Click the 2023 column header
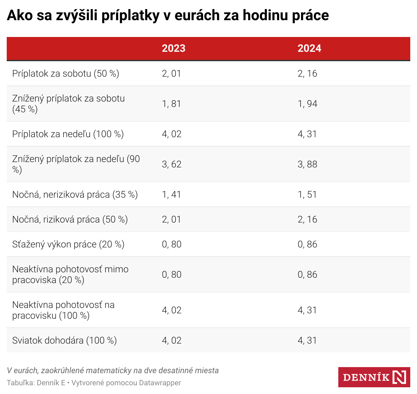point(174,48)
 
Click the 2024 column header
point(309,48)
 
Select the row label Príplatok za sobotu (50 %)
point(66,74)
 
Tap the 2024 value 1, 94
point(307,104)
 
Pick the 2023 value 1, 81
point(172,104)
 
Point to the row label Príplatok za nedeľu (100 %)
point(68,134)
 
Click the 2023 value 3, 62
point(172,164)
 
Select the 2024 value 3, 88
point(307,164)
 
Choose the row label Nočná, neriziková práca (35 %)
point(75,195)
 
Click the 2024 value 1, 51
point(307,195)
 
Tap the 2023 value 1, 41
point(172,195)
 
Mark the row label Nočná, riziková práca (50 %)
point(70,220)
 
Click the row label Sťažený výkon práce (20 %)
point(68,244)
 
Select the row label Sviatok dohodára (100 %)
point(65,341)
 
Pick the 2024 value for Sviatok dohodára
point(307,341)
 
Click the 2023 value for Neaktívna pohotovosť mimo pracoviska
point(172,275)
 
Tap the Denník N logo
point(374,377)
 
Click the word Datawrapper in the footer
point(160,383)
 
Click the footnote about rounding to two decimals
point(113,370)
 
